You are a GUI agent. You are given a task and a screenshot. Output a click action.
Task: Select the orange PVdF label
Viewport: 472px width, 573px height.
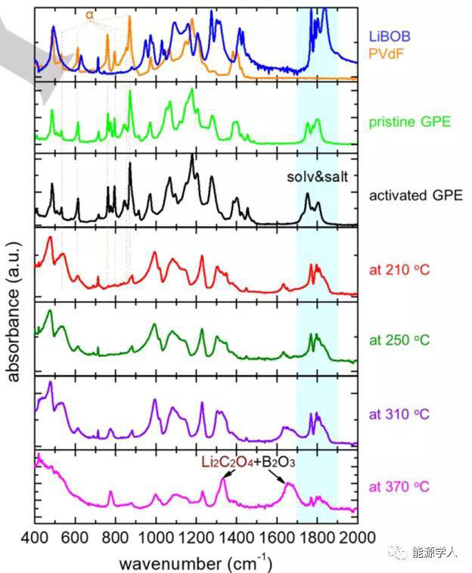pos(386,54)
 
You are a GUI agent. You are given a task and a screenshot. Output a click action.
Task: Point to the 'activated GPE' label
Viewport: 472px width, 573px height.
pos(408,194)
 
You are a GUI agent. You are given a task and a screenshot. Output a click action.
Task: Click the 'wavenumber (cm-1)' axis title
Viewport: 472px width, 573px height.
pos(195,562)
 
